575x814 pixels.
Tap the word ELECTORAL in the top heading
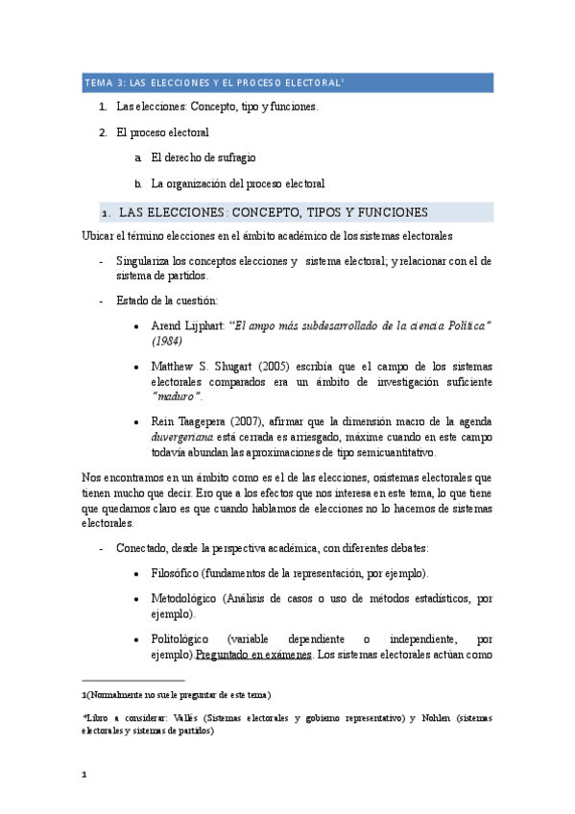click(309, 84)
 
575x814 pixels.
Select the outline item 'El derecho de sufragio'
click(204, 157)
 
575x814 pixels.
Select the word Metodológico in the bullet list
click(185, 599)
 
